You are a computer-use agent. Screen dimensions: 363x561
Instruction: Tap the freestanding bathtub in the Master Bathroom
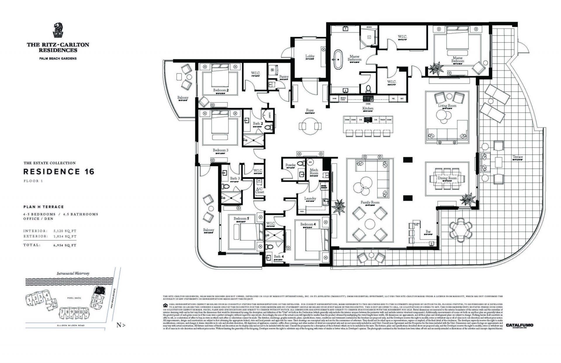click(338, 60)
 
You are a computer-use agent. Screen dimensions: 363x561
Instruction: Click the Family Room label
click(370, 202)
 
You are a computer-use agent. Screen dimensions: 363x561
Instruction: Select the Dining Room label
click(447, 178)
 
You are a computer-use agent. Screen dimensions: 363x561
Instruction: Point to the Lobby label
click(310, 56)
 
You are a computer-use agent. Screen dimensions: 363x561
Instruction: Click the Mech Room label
click(314, 172)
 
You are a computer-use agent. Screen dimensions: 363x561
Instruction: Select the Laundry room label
click(310, 198)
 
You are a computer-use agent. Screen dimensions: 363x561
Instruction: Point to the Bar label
click(428, 231)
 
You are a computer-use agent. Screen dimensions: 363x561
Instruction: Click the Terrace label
click(517, 157)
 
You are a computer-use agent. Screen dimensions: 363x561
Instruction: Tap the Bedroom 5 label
click(241, 218)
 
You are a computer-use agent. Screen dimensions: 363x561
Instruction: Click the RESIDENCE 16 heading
click(59, 172)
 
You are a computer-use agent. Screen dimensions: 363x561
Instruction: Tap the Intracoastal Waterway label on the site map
click(73, 274)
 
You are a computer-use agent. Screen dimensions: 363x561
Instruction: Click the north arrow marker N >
click(121, 325)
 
